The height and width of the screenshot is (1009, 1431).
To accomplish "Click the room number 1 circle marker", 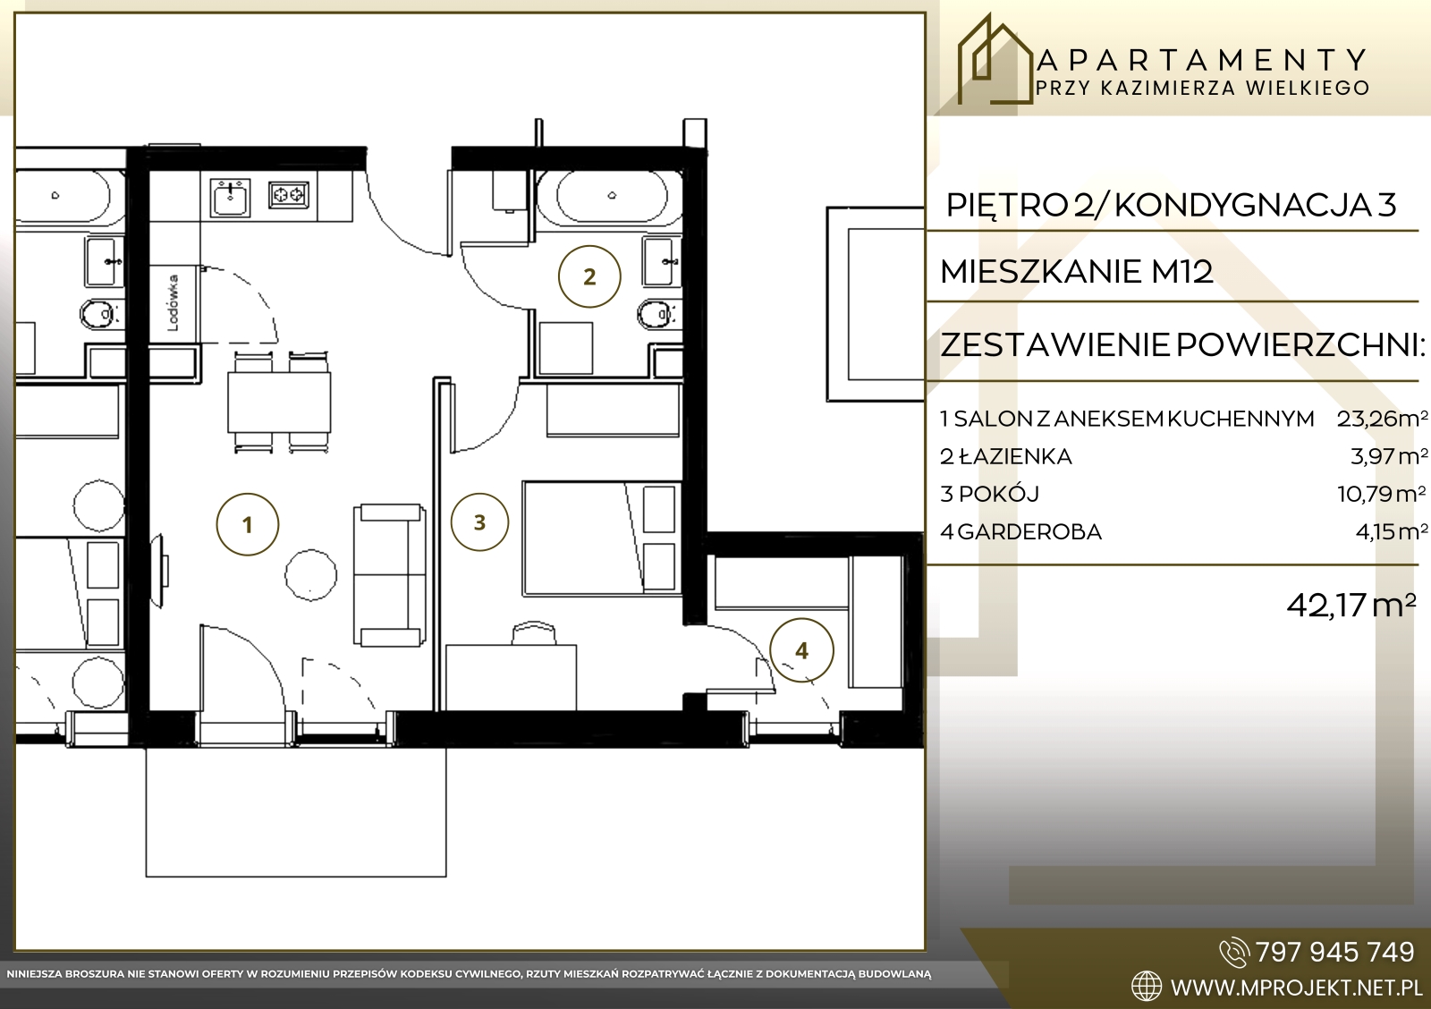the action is click(247, 525).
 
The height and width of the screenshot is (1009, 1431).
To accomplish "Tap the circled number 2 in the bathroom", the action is click(589, 276).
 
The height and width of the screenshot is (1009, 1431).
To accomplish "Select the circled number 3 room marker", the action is click(479, 522).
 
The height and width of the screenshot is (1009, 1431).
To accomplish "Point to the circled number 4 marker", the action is click(801, 650).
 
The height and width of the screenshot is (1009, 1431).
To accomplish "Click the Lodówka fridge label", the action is click(174, 303).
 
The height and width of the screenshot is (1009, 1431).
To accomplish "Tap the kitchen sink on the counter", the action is click(229, 198).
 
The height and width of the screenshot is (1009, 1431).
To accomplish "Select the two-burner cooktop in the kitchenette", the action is click(289, 194).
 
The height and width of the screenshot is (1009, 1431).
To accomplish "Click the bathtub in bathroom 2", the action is click(612, 196).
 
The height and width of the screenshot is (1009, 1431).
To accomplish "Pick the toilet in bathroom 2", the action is click(658, 314).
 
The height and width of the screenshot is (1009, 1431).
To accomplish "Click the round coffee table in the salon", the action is click(310, 574).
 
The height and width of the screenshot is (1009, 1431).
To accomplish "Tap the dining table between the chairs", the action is click(279, 402).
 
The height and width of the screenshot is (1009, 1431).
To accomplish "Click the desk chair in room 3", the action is click(533, 632).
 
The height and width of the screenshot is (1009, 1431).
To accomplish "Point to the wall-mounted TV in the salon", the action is click(159, 572).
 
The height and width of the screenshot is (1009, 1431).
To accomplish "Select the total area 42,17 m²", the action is click(1351, 605).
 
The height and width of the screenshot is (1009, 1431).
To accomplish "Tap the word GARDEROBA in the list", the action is click(1029, 531).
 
